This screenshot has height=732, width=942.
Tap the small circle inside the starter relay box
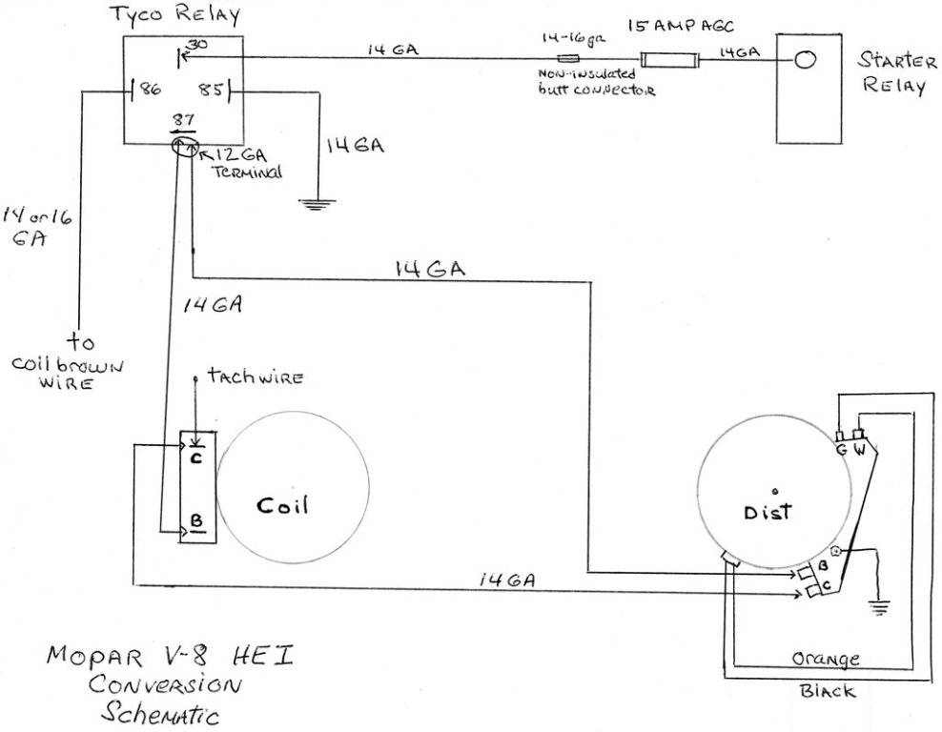point(805,61)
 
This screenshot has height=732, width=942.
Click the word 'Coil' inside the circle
point(281,505)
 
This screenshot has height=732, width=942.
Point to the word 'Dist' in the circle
point(769,512)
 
